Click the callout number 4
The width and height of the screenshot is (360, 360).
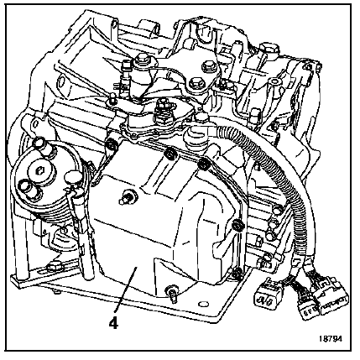click(114, 324)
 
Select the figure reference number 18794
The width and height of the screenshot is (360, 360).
click(331, 339)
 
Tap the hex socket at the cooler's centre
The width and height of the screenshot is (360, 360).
click(39, 170)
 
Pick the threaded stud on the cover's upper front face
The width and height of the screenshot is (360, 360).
click(128, 196)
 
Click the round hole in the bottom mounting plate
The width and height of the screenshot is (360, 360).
click(203, 304)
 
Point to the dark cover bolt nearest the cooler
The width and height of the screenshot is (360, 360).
click(112, 145)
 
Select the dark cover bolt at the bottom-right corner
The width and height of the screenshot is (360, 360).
click(237, 273)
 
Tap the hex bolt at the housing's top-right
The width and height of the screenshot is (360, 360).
click(269, 50)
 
